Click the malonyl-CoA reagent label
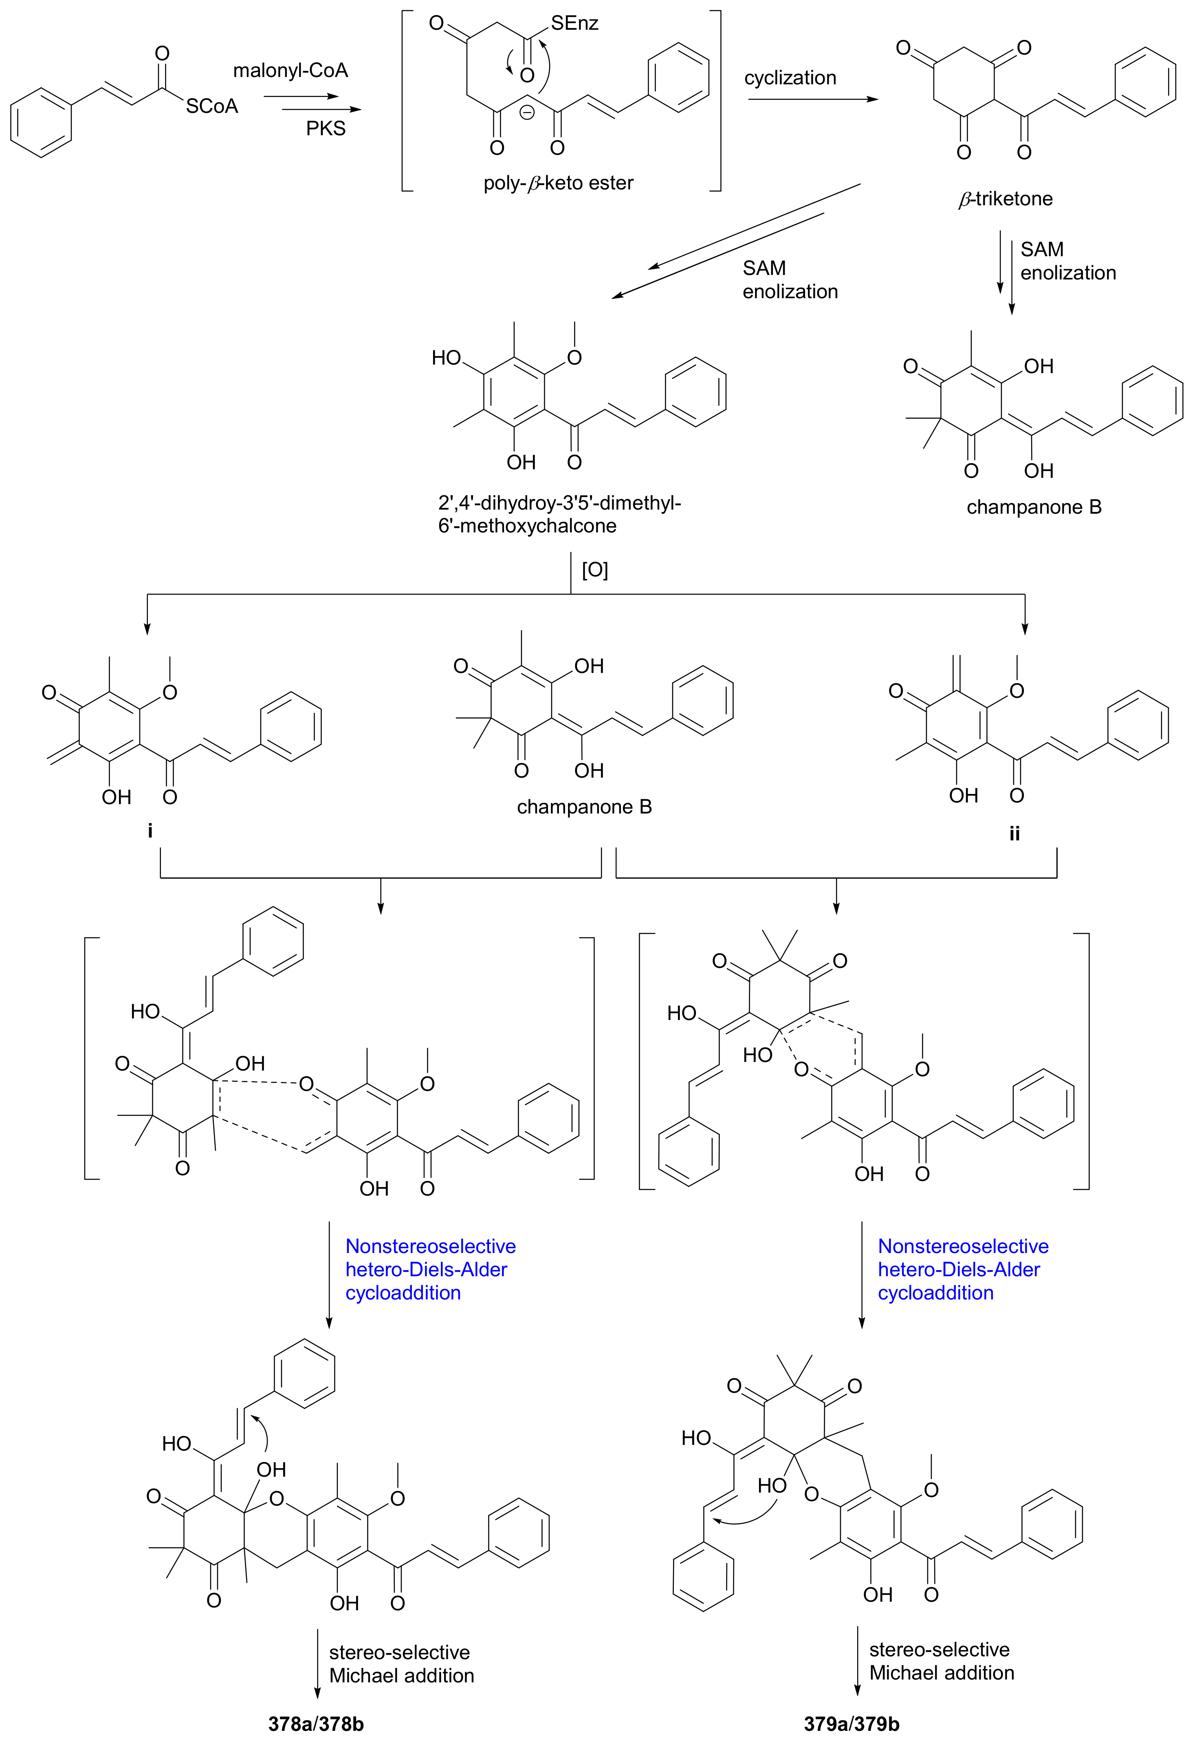[290, 70]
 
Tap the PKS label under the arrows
[326, 129]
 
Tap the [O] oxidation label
[595, 570]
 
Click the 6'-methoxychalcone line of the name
[527, 526]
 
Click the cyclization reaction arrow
[812, 99]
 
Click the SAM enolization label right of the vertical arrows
[1067, 261]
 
